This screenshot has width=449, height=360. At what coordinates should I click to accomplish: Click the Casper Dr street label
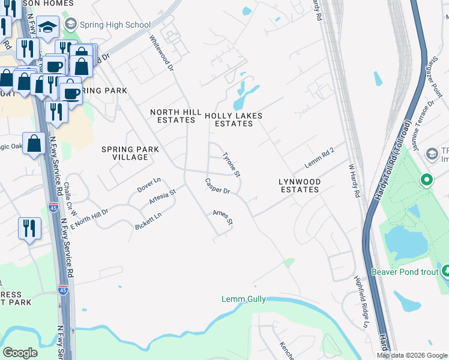click(x=217, y=187)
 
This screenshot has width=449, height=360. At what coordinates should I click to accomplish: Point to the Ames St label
click(x=222, y=217)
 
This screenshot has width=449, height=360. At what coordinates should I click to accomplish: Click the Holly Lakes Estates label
click(x=234, y=119)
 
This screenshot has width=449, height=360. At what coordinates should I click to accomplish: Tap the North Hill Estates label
click(x=173, y=116)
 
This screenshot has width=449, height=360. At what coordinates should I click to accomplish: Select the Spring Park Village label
click(x=130, y=153)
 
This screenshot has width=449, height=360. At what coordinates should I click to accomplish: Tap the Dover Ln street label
click(x=149, y=184)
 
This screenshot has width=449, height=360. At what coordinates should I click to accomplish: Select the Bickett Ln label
click(x=149, y=220)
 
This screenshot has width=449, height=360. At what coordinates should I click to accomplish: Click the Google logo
click(x=20, y=353)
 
